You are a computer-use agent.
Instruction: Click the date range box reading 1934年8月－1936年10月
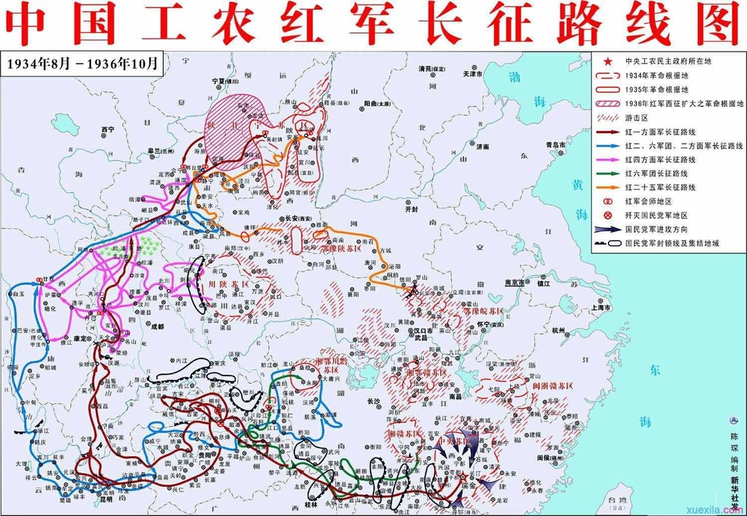81,64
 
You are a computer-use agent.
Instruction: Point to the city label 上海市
601,307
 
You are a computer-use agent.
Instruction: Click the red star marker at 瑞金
461,476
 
